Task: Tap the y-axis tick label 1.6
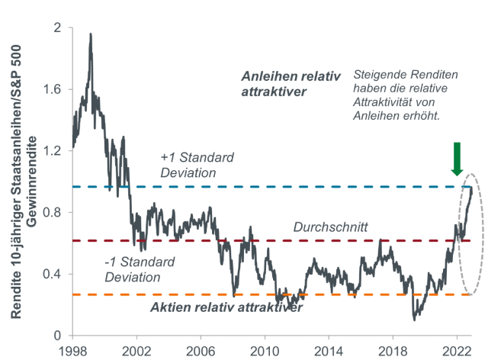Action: tap(54, 89)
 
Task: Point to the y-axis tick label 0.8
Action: tap(54, 212)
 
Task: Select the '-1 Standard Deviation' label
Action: tap(140, 269)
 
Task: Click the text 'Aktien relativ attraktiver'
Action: tap(225, 307)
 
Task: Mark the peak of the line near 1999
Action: tap(91, 34)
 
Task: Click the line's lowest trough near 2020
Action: tap(414, 319)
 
